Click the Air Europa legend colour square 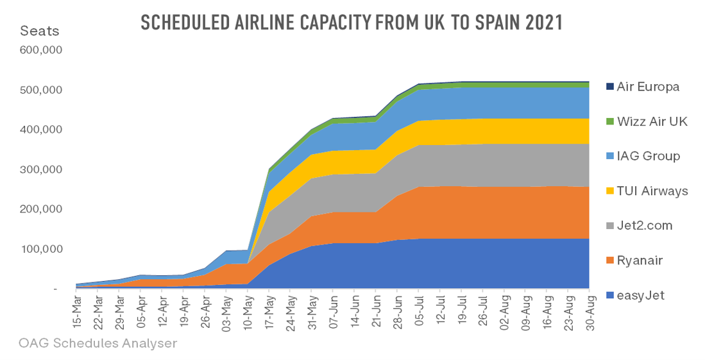click(x=609, y=86)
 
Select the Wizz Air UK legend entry click(x=652, y=121)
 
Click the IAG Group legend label click(x=648, y=156)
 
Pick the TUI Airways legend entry click(x=652, y=191)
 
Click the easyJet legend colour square click(x=609, y=295)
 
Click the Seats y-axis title click(x=40, y=30)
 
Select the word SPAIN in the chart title click(x=492, y=22)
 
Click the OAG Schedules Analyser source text click(x=98, y=343)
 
